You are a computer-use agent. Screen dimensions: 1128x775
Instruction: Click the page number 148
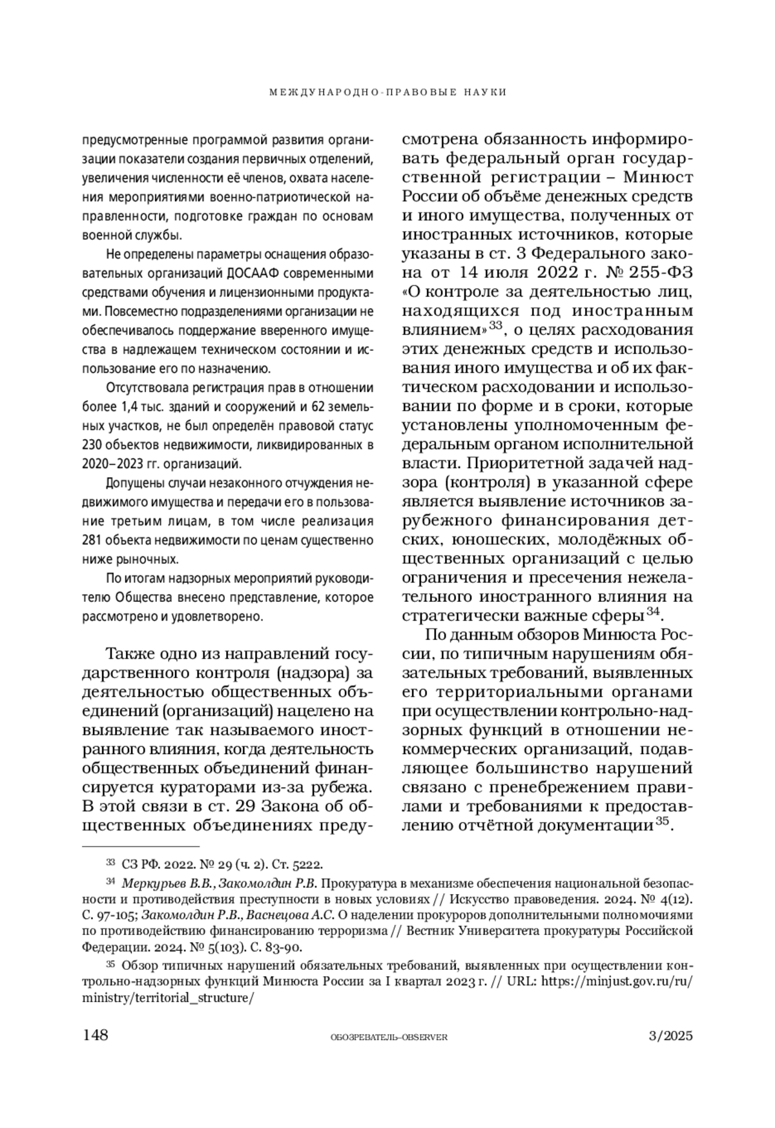pyautogui.click(x=95, y=1036)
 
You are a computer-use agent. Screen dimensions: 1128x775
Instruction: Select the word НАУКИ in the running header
pyautogui.click(x=485, y=92)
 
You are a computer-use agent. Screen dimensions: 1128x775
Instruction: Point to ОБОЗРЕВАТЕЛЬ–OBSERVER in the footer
pyautogui.click(x=388, y=1038)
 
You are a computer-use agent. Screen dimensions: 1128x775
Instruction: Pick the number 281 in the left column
pyautogui.click(x=91, y=540)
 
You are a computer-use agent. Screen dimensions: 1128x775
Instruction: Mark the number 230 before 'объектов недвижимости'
pyautogui.click(x=91, y=445)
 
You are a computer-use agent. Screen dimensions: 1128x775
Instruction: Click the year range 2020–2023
pyautogui.click(x=107, y=464)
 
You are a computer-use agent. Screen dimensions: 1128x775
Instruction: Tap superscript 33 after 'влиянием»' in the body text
pyautogui.click(x=495, y=325)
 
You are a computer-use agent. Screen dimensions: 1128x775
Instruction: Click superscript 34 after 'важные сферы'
pyautogui.click(x=652, y=610)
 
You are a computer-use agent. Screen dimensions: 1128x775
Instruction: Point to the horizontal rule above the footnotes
pyautogui.click(x=141, y=846)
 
